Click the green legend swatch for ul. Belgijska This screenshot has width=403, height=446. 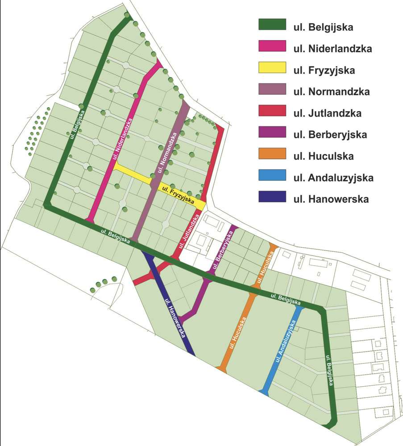[272, 25]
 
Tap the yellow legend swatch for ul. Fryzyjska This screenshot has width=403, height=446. [272, 68]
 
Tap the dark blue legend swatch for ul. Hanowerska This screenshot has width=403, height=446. [272, 197]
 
